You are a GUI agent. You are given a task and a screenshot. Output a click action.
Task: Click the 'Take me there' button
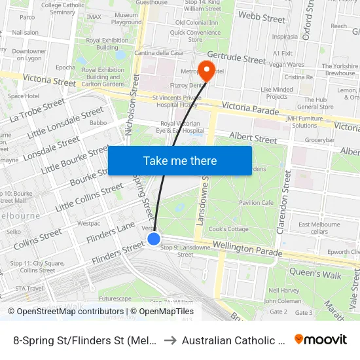pyautogui.click(x=180, y=160)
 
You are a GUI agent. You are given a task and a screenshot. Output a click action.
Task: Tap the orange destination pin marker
pyautogui.click(x=207, y=71)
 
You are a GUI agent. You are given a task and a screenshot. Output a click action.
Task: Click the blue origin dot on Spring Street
pyautogui.click(x=154, y=239)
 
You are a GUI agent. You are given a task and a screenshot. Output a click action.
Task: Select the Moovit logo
pyautogui.click(x=321, y=340)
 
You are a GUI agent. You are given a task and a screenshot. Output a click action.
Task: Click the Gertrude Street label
pyautogui.click(x=236, y=59)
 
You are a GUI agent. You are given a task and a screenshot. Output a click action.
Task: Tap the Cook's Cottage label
pyautogui.click(x=228, y=229)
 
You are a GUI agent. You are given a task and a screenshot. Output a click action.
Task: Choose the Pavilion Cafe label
pyautogui.click(x=256, y=203)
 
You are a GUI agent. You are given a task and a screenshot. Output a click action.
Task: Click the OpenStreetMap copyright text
pyautogui.click(x=65, y=312)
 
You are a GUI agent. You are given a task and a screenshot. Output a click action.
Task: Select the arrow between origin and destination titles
pyautogui.click(x=169, y=340)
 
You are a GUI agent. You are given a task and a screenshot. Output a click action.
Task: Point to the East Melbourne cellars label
pyautogui.click(x=319, y=228)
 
